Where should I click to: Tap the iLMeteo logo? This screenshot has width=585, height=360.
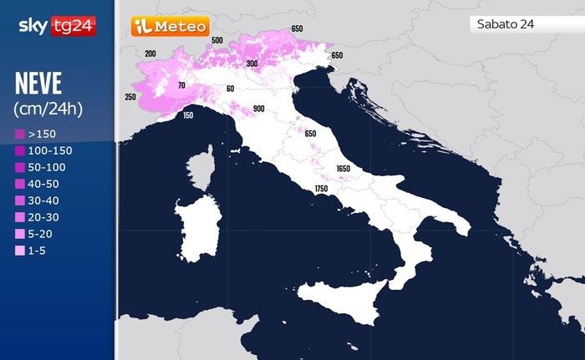coord(170,26)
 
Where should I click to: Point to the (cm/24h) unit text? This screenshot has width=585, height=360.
coord(48,108)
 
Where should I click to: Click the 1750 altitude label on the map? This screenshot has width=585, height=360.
coord(321,190)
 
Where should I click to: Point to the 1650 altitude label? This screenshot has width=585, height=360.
coord(343,169)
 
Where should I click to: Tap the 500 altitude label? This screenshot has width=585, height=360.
coord(217,40)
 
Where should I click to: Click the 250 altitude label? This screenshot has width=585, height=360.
coord(130,97)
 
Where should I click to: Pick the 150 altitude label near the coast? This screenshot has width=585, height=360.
coord(187,115)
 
